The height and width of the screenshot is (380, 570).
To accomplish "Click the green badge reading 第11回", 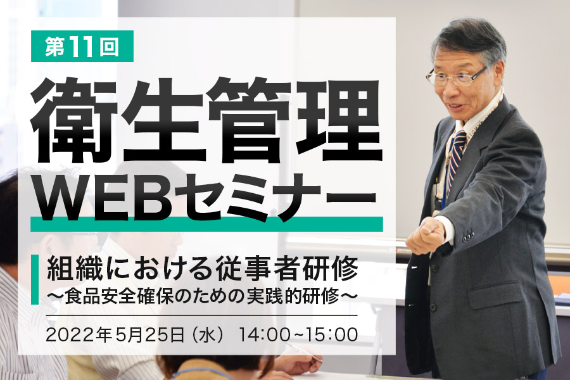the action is point(82,46).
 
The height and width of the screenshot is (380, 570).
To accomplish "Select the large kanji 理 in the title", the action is point(339,120).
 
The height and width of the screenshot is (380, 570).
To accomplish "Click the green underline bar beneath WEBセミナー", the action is point(207,224).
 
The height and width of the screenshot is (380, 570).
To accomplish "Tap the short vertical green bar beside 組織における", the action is point(35,279).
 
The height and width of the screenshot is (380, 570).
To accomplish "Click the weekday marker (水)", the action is point(208,334).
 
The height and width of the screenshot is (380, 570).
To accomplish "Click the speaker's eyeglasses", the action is point(456,76).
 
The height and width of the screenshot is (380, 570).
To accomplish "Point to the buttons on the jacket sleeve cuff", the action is point(469,237).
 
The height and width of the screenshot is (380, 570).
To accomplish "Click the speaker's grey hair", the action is point(469,40).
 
